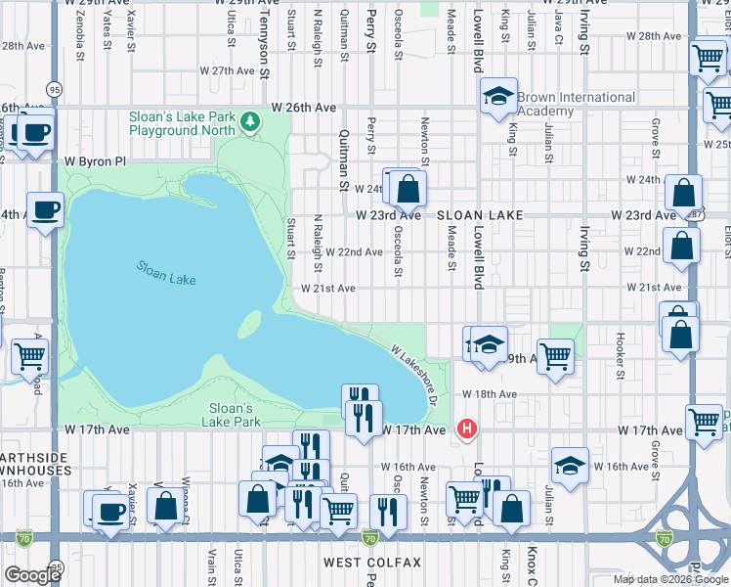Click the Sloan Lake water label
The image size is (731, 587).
[166, 272]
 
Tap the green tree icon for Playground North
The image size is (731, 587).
[252, 121]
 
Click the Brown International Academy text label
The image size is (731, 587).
[576, 104]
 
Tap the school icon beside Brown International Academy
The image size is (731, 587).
[498, 96]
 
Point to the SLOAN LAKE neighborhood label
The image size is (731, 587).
[480, 214]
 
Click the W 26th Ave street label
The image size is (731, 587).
[304, 107]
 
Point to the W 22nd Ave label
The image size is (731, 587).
[354, 252]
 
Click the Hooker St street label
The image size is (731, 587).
[620, 353]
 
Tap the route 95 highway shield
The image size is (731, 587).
[54, 89]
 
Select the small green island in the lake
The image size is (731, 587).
[250, 323]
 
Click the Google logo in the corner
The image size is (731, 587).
[32, 574]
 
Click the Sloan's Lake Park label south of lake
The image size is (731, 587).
[232, 415]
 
